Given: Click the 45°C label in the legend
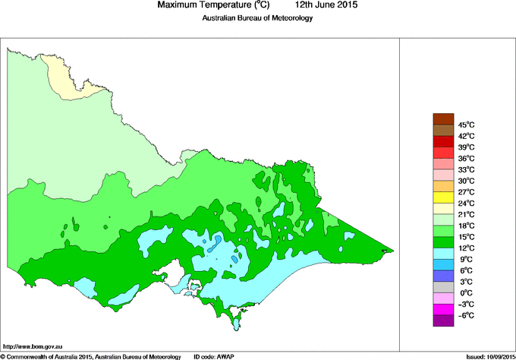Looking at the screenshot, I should click(x=466, y=125).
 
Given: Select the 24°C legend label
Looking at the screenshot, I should click(x=466, y=203).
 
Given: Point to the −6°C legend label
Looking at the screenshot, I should click(x=466, y=315).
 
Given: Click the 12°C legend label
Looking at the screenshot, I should click(x=466, y=248).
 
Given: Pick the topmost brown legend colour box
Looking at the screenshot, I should click(x=443, y=118).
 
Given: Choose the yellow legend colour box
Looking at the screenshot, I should click(x=443, y=197).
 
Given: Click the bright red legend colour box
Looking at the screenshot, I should click(x=443, y=141).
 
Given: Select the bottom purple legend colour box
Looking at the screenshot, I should click(x=443, y=321).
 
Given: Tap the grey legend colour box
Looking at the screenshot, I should click(x=443, y=287).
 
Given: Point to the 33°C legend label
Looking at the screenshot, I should click(x=466, y=169).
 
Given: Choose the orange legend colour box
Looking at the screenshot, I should click(x=443, y=186).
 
